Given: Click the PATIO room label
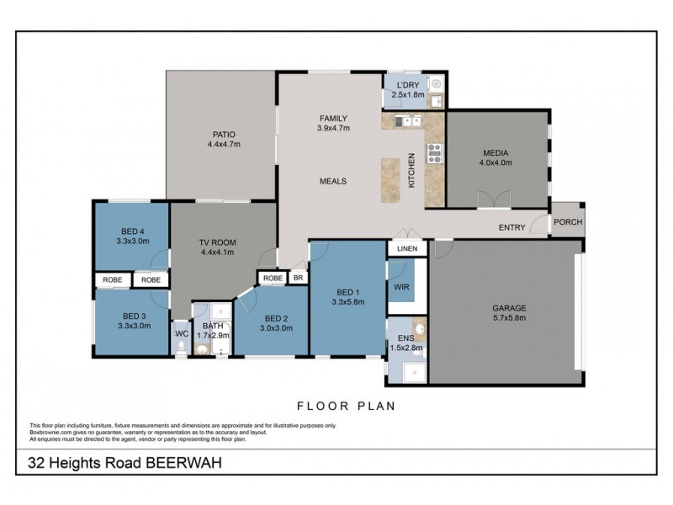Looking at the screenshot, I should (224, 134).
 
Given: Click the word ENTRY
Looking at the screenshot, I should (512, 227).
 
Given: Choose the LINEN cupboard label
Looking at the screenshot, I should (408, 249).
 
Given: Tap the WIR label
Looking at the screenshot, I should (400, 287).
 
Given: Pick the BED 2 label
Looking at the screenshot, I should (277, 317).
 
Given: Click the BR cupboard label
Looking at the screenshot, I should (297, 278).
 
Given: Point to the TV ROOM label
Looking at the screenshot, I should (217, 242).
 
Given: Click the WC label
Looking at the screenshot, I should (181, 334).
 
